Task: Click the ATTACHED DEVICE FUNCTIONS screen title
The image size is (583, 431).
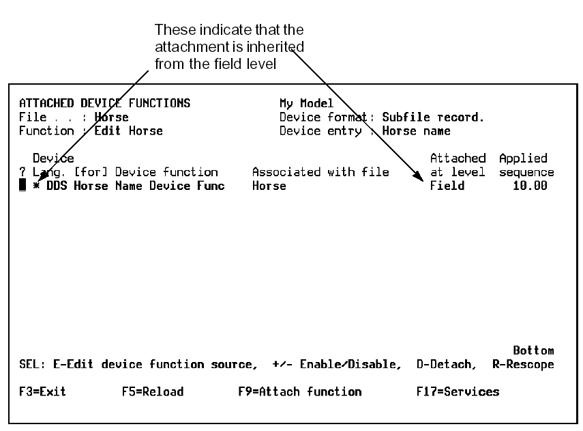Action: tap(104, 104)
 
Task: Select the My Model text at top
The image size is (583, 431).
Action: tap(307, 104)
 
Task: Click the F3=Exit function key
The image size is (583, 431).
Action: tap(42, 392)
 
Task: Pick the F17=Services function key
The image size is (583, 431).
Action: tap(458, 392)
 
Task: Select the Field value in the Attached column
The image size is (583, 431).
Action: tap(447, 186)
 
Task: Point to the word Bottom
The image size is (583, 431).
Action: tap(533, 350)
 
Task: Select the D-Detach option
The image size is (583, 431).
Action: tap(447, 365)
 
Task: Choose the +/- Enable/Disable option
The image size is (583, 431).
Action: tap(337, 365)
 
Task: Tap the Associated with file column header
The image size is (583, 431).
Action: tap(320, 172)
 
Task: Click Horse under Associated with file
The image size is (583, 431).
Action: tap(269, 186)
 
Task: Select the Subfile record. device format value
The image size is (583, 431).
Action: tap(433, 117)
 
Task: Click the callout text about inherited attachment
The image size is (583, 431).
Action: tap(229, 47)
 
